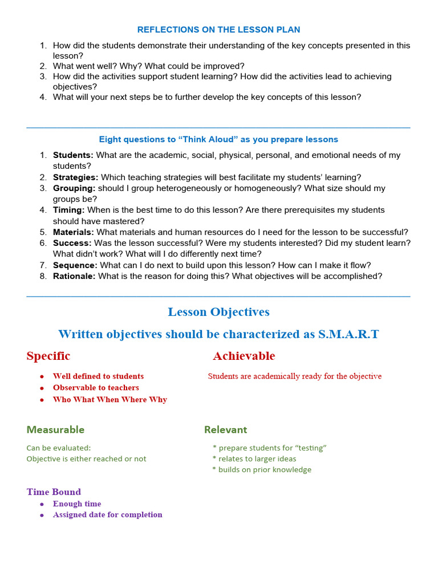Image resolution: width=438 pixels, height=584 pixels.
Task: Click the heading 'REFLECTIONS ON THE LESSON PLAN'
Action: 218,30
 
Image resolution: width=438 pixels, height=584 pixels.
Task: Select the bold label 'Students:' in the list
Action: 73,155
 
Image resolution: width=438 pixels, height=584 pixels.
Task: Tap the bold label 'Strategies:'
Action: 75,177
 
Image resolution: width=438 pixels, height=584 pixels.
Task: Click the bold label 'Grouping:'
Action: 74,188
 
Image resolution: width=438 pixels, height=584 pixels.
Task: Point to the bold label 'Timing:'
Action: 68,210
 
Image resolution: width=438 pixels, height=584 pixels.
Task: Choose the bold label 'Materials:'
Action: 74,232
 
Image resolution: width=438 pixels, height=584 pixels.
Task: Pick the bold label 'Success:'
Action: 72,243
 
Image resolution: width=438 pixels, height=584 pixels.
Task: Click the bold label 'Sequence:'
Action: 75,265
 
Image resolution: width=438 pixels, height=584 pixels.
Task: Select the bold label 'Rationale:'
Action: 75,276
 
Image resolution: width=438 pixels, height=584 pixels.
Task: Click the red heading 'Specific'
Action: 48,356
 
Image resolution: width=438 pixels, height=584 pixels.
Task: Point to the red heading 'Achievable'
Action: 244,356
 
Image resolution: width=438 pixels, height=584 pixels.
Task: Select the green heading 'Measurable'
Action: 55,429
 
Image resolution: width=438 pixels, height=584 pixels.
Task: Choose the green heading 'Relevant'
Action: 226,429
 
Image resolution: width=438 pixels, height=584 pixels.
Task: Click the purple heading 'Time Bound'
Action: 54,492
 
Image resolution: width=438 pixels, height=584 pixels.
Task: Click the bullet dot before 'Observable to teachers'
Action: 42,388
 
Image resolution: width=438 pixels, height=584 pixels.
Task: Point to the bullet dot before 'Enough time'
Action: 42,505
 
